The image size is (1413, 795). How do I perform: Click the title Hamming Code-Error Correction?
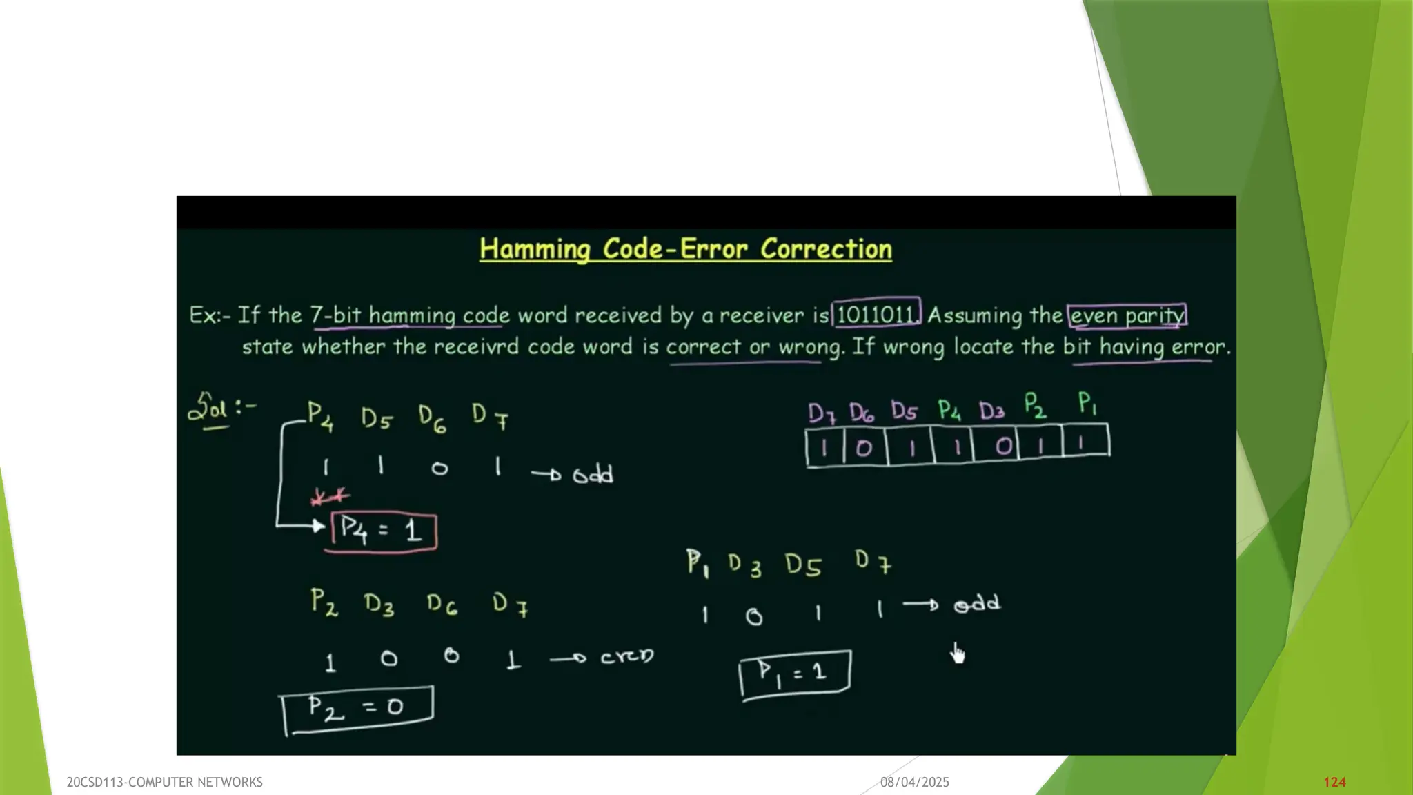(685, 249)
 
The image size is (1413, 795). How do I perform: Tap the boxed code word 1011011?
(876, 315)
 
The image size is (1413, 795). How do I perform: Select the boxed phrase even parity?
(1127, 315)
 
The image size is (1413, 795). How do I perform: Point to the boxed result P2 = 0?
(357, 708)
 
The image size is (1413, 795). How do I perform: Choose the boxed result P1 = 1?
(794, 673)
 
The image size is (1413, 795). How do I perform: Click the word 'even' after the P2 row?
(626, 656)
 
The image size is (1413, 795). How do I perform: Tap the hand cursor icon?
(958, 653)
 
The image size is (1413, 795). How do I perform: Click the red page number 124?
(1334, 782)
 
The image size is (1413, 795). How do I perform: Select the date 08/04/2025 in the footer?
(914, 782)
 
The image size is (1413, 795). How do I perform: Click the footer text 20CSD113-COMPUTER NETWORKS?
(164, 782)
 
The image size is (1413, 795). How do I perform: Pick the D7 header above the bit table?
(822, 413)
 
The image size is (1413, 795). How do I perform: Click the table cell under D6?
(864, 448)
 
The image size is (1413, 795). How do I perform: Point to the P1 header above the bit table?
(1087, 404)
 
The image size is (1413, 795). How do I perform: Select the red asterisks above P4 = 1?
(330, 496)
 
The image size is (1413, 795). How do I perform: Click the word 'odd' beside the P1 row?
(977, 605)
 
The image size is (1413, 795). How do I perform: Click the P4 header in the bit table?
(949, 411)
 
